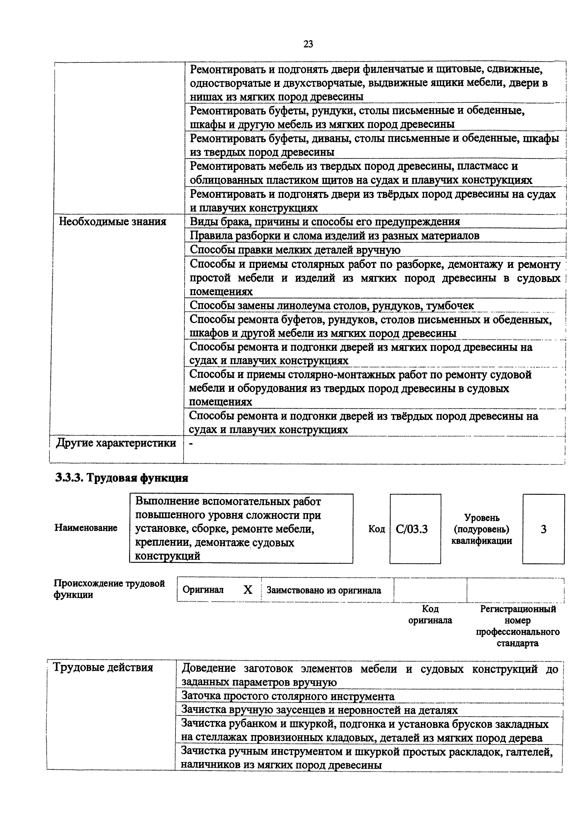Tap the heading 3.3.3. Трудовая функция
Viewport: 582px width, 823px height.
(x=122, y=478)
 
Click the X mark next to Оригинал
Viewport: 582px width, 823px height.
(x=248, y=590)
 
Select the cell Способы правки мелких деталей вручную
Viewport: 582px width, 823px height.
(x=295, y=250)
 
